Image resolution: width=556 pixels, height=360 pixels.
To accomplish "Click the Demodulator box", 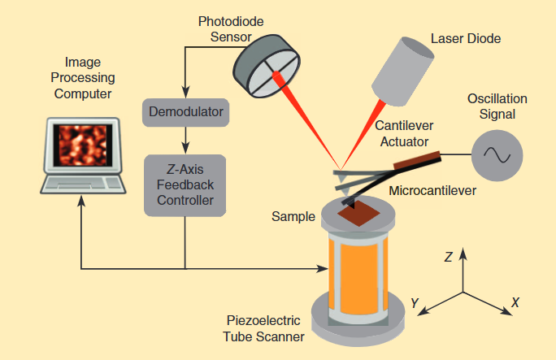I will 186,111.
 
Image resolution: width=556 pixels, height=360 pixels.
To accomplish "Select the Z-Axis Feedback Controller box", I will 185,185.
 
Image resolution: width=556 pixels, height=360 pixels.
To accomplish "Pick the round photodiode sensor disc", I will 265,64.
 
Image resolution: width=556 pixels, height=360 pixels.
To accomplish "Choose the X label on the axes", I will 515,302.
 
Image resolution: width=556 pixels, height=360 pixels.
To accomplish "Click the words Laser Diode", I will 466,38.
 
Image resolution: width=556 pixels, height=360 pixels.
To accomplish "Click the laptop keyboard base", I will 82,185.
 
